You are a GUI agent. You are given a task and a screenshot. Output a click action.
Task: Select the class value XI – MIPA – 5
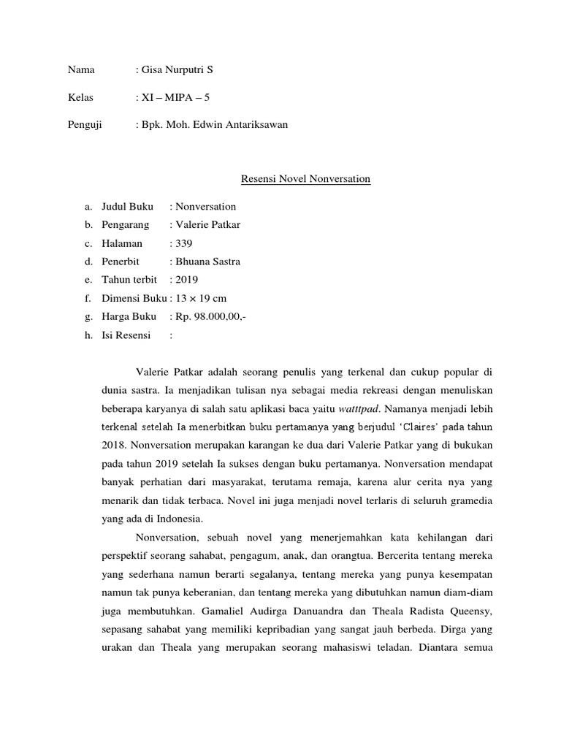coord(178,97)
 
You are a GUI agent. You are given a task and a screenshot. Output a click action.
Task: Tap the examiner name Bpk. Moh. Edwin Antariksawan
coord(215,125)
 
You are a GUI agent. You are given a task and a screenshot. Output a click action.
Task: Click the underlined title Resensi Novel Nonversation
coord(296,179)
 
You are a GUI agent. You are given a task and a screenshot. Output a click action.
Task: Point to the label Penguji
coord(85,125)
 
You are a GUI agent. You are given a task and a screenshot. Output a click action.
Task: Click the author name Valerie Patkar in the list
coord(207,225)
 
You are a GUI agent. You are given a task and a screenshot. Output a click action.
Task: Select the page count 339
coord(182,243)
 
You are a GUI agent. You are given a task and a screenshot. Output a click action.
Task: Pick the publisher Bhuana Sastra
coord(207,262)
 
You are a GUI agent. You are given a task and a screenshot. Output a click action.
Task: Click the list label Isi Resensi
coord(125,335)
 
